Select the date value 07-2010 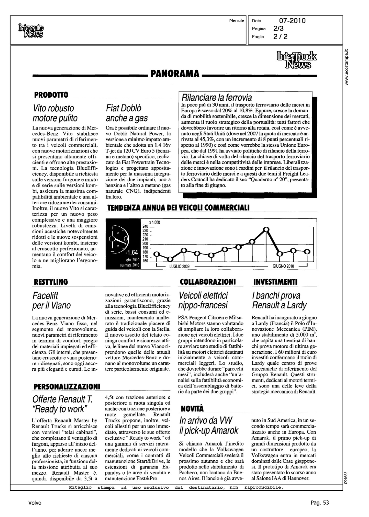292,21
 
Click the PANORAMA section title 175,74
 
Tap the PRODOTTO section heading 51,95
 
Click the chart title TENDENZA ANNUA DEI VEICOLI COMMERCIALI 178,208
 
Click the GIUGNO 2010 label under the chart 283,266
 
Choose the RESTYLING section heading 51,282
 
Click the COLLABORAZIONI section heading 208,282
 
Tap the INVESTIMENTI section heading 275,282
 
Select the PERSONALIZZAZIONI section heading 67,387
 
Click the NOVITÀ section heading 192,409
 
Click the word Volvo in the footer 35,503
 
